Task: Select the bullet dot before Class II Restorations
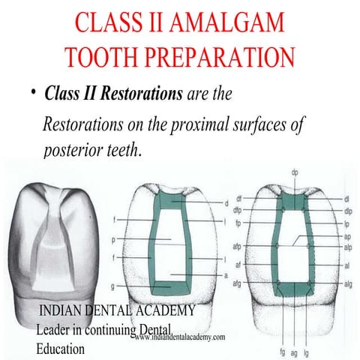34,94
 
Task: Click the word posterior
74,149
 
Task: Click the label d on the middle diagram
226,203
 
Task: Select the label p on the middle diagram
113,240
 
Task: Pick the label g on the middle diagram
113,286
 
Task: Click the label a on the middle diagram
226,276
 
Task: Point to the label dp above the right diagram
295,173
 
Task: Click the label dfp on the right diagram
237,211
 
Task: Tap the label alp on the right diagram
348,246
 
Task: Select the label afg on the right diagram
237,283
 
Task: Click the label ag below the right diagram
295,352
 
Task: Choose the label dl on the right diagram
347,199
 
